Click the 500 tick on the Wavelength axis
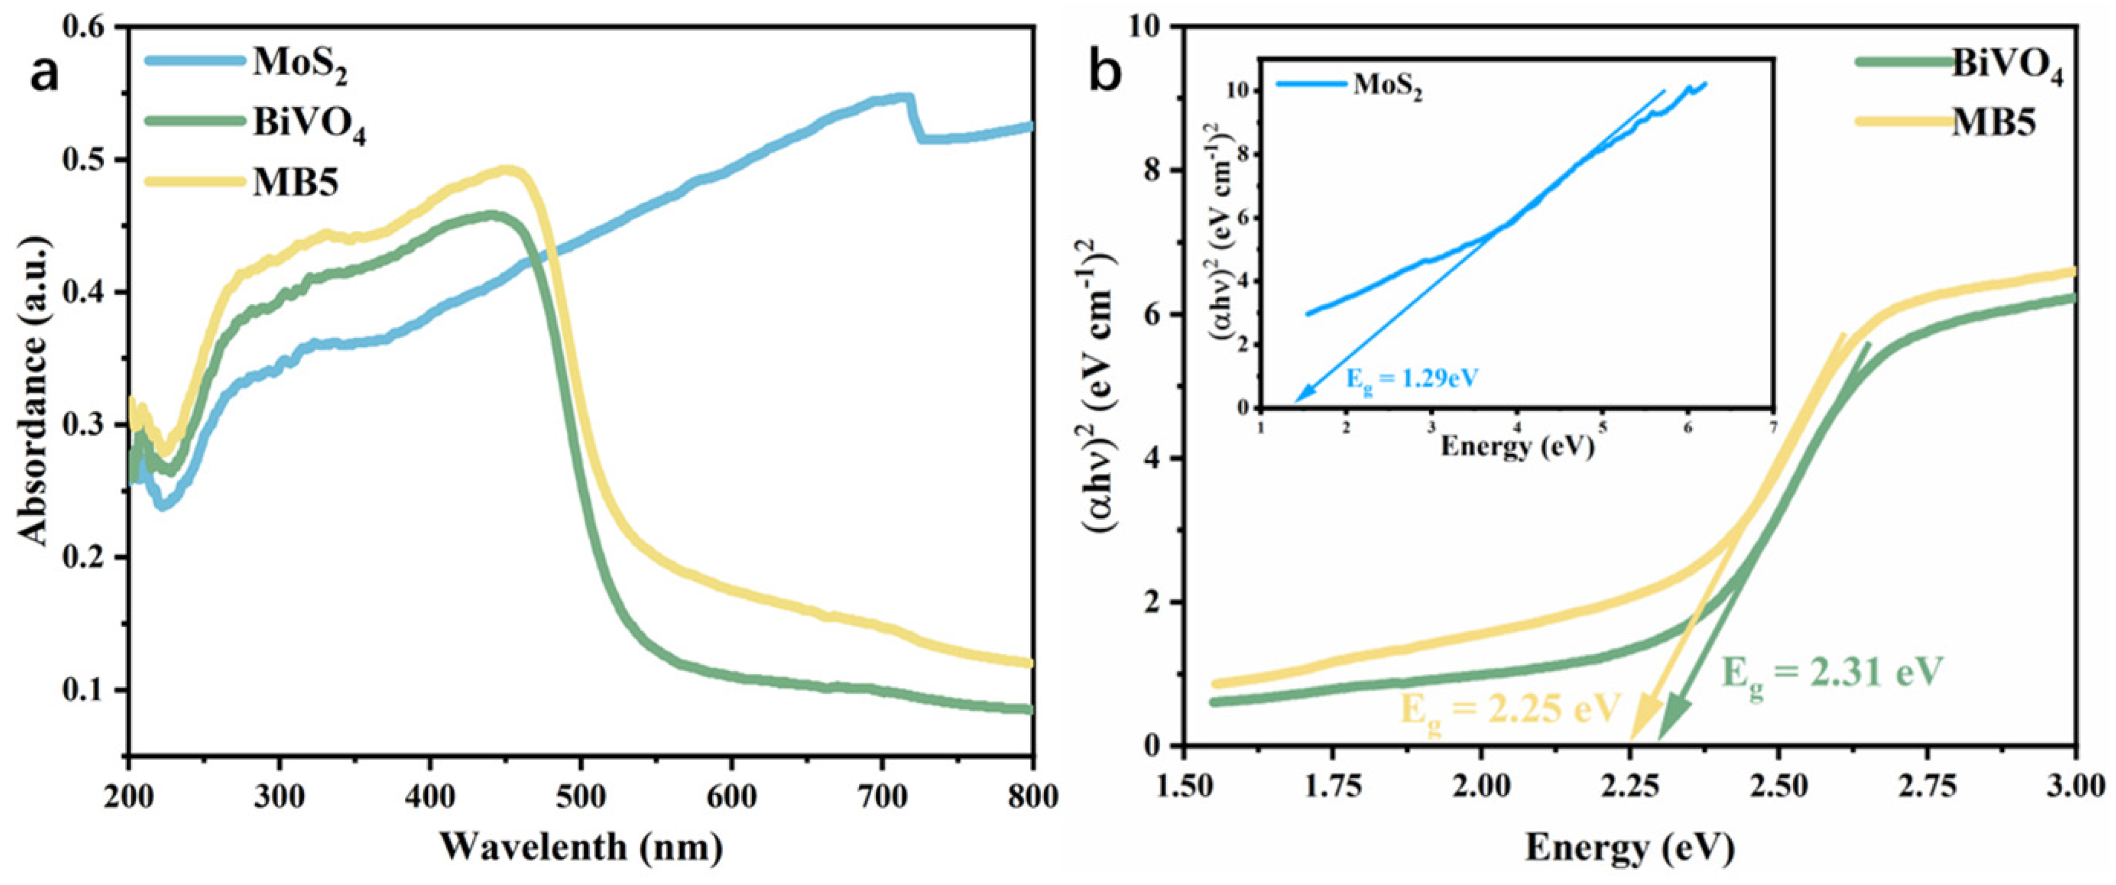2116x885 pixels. (581, 798)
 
